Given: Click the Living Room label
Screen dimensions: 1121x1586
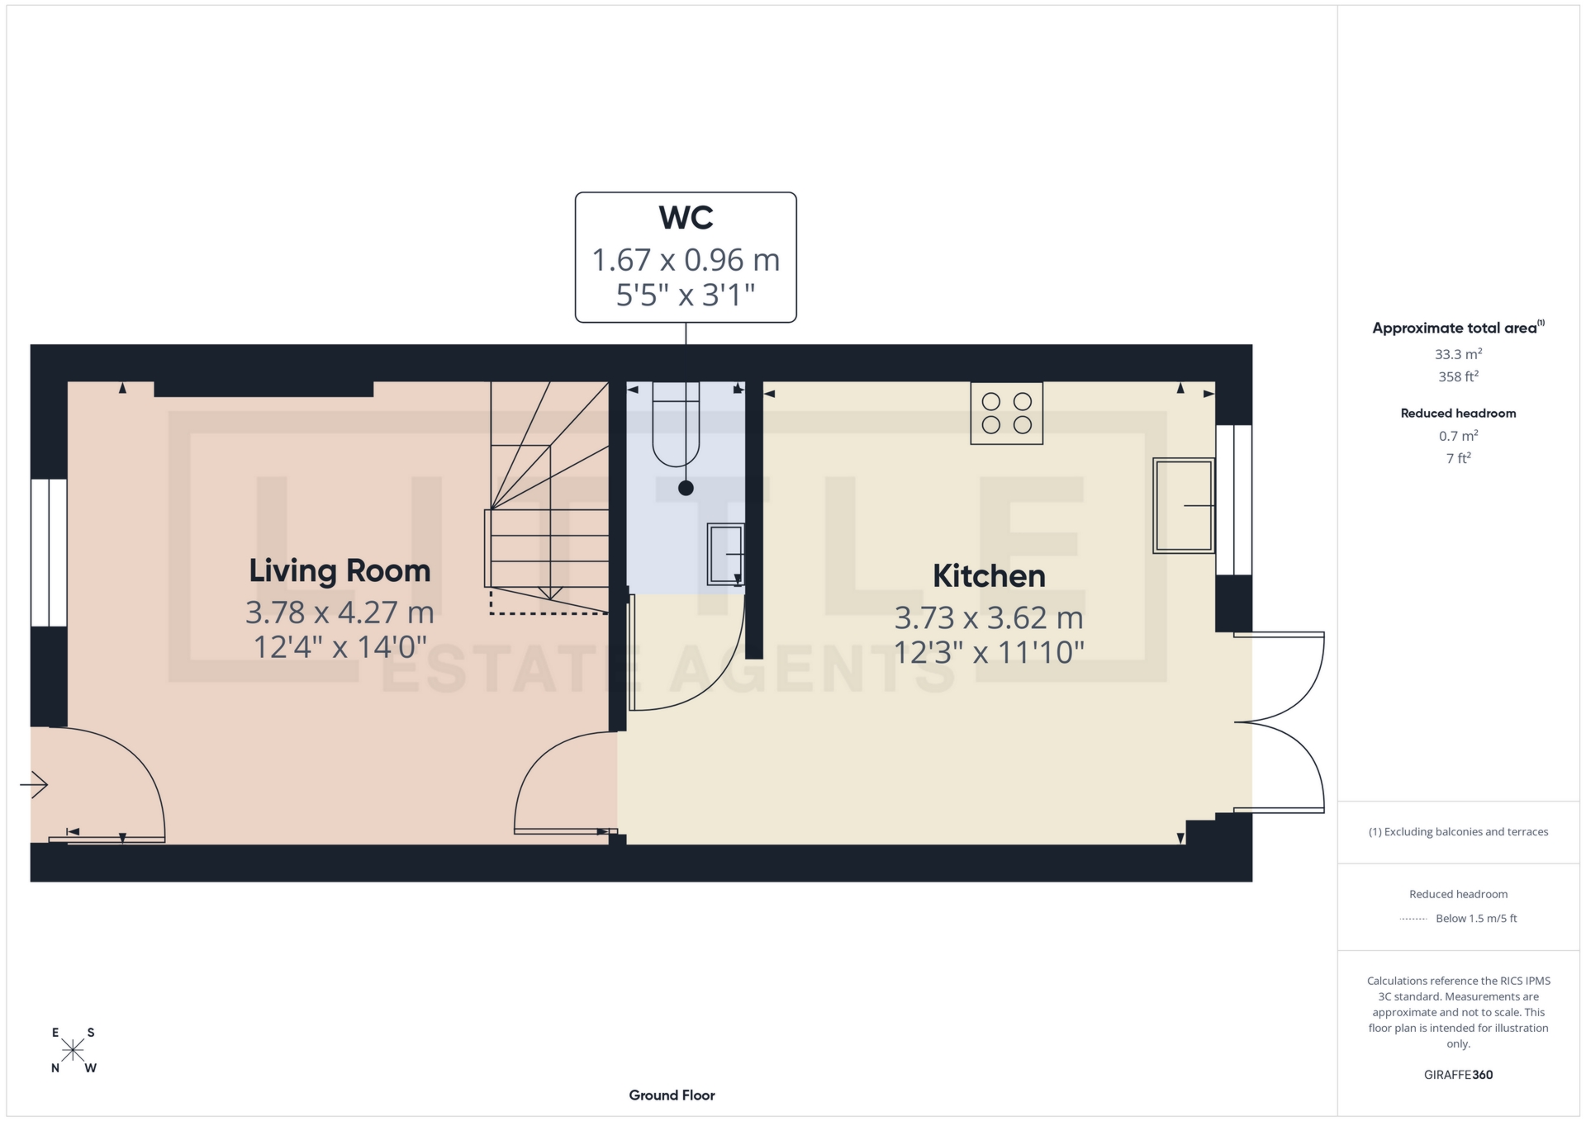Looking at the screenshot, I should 340,571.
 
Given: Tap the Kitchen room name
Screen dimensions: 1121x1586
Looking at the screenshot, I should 989,576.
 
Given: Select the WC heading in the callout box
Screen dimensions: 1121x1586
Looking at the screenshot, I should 686,218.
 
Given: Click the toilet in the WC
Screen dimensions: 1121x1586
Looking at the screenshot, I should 676,425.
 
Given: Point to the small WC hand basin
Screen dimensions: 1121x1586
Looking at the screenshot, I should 726,555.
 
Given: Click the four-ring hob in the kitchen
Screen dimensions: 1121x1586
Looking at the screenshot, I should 1006,414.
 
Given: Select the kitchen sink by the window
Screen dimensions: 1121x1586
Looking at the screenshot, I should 1184,505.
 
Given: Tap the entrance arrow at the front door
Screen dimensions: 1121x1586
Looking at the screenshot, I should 34,784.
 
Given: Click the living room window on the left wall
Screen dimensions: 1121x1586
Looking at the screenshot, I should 49,552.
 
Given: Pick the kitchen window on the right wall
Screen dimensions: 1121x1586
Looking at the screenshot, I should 1234,499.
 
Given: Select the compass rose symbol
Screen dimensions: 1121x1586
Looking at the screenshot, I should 73,1050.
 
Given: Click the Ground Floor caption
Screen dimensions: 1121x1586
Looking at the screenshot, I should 672,1095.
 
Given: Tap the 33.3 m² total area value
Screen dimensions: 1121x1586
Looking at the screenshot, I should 1458,354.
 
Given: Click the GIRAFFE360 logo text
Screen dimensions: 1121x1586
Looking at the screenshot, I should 1458,1075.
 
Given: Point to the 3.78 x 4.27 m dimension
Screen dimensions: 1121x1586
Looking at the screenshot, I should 340,613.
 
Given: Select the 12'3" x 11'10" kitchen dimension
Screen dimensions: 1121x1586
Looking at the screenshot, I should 989,653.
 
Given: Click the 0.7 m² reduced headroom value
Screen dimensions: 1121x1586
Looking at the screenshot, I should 1458,436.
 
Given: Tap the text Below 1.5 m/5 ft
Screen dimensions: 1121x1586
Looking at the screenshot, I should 1476,918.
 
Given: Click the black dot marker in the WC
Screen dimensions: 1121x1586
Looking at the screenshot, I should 686,489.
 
